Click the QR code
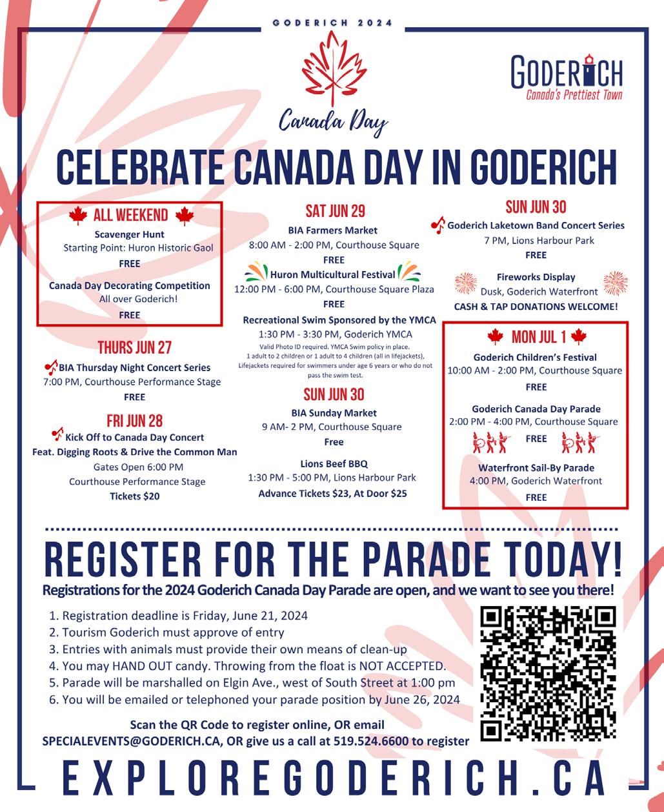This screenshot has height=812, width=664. [549, 673]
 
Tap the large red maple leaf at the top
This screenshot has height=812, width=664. [334, 70]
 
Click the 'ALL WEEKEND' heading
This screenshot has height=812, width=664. [130, 216]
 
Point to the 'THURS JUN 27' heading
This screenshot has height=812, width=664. [134, 348]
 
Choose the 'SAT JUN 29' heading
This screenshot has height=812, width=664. [335, 212]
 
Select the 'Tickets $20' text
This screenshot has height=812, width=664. [134, 496]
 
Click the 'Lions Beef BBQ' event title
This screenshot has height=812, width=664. [334, 463]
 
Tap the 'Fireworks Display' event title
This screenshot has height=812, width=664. [536, 277]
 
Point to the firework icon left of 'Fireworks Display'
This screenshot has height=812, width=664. [466, 283]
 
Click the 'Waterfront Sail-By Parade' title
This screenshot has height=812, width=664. [536, 467]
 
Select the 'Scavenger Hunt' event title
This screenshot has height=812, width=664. [129, 234]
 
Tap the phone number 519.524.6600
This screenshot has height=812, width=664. [370, 741]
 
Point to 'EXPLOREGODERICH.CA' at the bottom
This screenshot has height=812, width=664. [333, 779]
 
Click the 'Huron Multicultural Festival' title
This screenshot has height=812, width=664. [333, 274]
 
